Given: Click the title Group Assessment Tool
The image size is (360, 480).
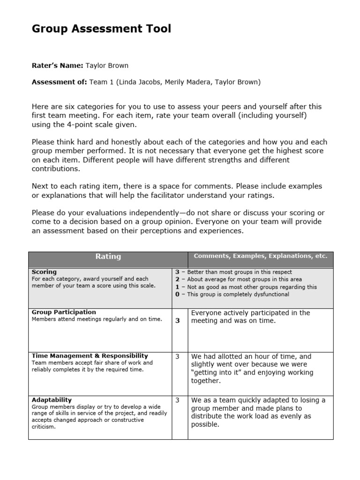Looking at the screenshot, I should [101, 29].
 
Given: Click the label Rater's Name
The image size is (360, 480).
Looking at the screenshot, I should [57, 66].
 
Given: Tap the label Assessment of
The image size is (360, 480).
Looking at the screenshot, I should [59, 82].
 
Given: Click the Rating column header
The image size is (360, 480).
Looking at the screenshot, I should [108, 256].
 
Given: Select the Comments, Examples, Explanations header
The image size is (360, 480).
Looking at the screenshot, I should [260, 256].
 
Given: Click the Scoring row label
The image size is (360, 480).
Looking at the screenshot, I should [44, 272].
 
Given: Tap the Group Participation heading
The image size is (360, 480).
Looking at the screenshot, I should [64, 312].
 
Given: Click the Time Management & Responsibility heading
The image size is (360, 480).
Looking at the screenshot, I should [90, 356].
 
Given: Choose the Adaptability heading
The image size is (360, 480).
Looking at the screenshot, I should [52, 400].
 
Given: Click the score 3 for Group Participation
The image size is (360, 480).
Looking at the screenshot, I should [178, 321].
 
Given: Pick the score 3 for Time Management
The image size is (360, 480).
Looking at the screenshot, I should [178, 356].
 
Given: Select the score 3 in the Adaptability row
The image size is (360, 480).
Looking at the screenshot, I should [178, 400].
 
